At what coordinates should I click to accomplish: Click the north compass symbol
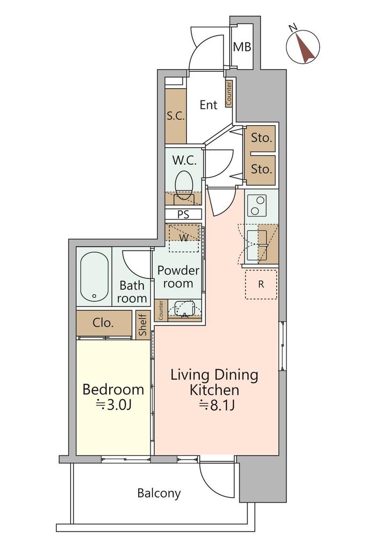point(303,47)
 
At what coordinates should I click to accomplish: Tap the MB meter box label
point(242,47)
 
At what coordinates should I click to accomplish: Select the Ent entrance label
point(208,105)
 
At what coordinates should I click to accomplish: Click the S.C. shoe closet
point(175,116)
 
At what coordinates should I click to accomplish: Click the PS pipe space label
point(183,214)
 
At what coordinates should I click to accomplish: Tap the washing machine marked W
point(184,238)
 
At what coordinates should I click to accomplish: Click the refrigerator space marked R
point(261,285)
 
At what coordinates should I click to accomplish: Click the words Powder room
point(178,277)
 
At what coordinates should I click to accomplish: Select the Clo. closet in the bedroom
point(104,323)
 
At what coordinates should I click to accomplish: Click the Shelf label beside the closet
point(142,324)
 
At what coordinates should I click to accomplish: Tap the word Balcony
point(159,493)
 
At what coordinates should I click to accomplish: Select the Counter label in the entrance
point(229,94)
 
